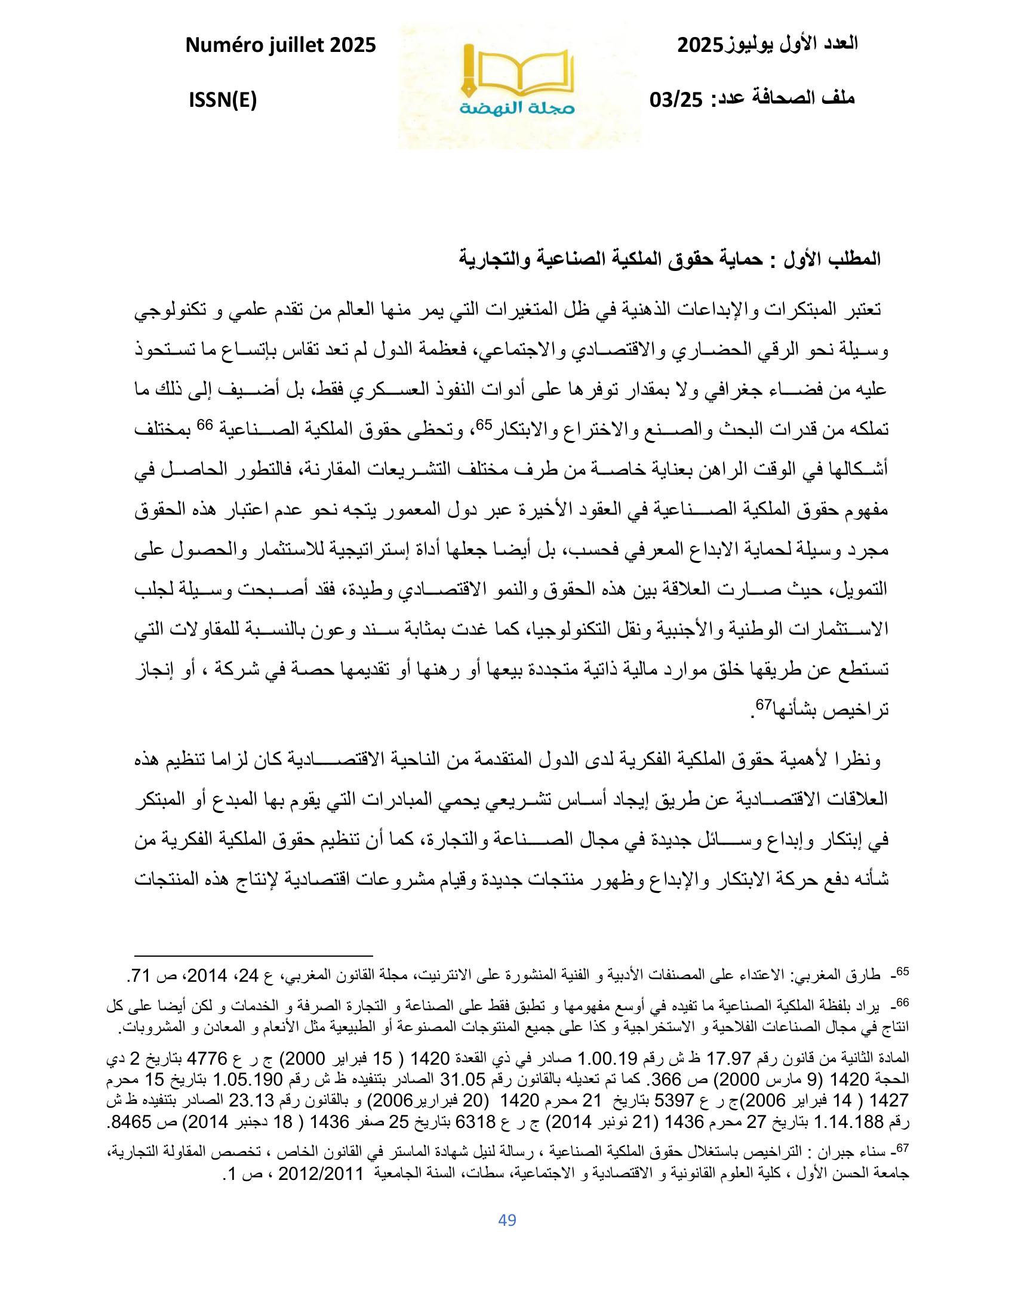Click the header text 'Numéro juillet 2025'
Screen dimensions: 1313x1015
(x=281, y=45)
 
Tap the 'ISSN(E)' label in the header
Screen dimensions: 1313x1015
(x=223, y=101)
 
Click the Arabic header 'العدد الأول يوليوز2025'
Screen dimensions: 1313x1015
(x=768, y=45)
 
